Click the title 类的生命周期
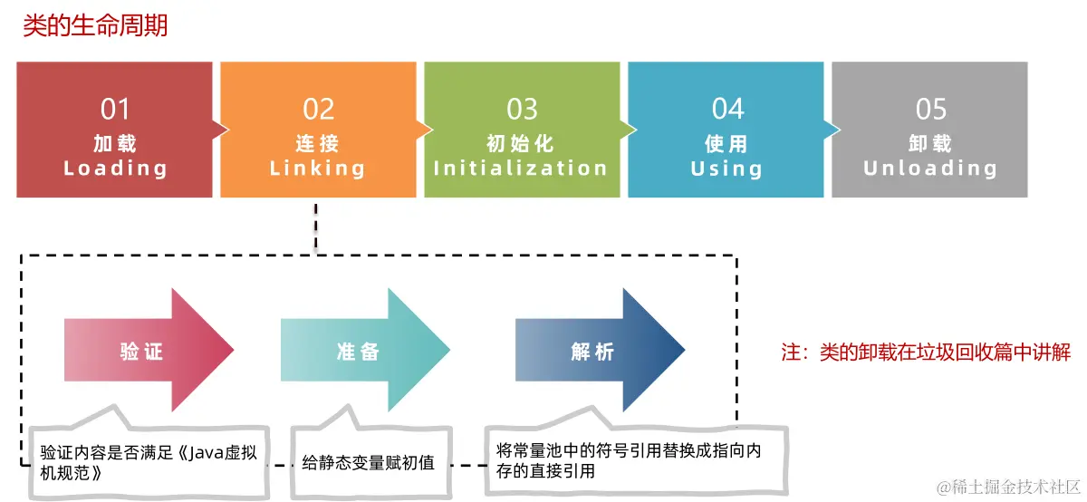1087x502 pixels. coord(95,25)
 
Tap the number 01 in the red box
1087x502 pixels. coord(115,110)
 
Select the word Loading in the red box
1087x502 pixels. coord(115,169)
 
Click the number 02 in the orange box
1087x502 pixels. coord(318,110)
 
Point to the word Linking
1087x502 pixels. coord(318,169)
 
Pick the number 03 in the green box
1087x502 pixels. coord(522,110)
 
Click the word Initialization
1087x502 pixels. coord(521,169)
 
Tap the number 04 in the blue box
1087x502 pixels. coord(726,110)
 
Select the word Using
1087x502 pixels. coord(726,169)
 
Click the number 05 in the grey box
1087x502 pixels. coord(930,110)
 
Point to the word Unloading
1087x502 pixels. coord(930,169)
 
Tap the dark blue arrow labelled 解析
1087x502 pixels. coord(594,352)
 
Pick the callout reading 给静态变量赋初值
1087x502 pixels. coord(368,463)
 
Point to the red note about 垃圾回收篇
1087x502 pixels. coord(926,352)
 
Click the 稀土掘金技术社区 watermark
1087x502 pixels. coord(1009,488)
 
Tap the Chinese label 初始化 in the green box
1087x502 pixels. coord(521,144)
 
